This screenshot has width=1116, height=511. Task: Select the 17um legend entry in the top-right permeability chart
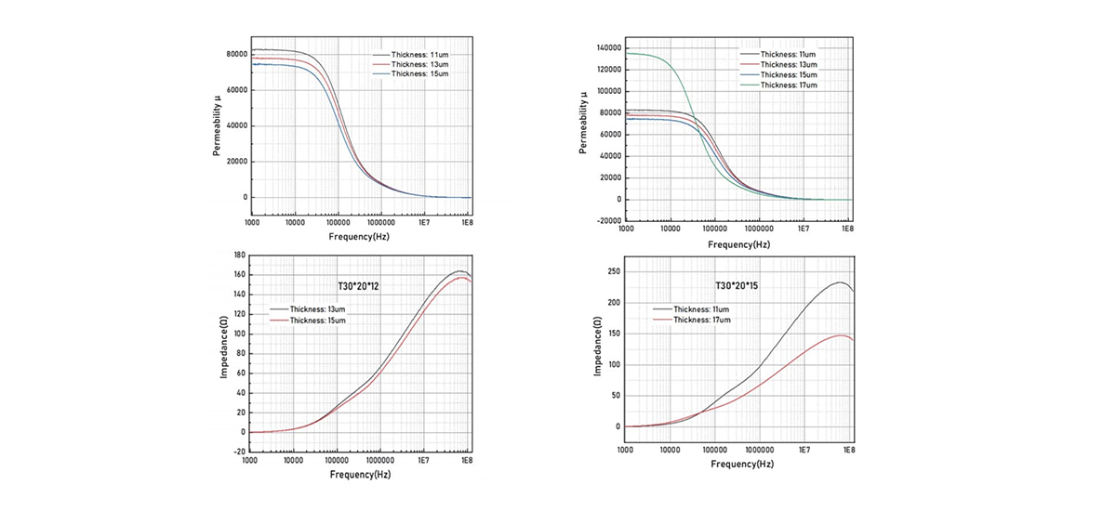click(x=789, y=85)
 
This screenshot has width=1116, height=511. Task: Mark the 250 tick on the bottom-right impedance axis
click(x=612, y=272)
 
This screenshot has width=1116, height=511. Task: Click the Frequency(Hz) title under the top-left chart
click(x=360, y=238)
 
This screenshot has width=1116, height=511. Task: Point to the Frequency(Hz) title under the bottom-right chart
click(x=739, y=464)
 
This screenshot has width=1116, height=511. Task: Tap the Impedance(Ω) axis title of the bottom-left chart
click(x=224, y=353)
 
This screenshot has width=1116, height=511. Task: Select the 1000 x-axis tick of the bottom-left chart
click(x=250, y=460)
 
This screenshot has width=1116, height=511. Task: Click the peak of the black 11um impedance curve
click(x=841, y=282)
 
